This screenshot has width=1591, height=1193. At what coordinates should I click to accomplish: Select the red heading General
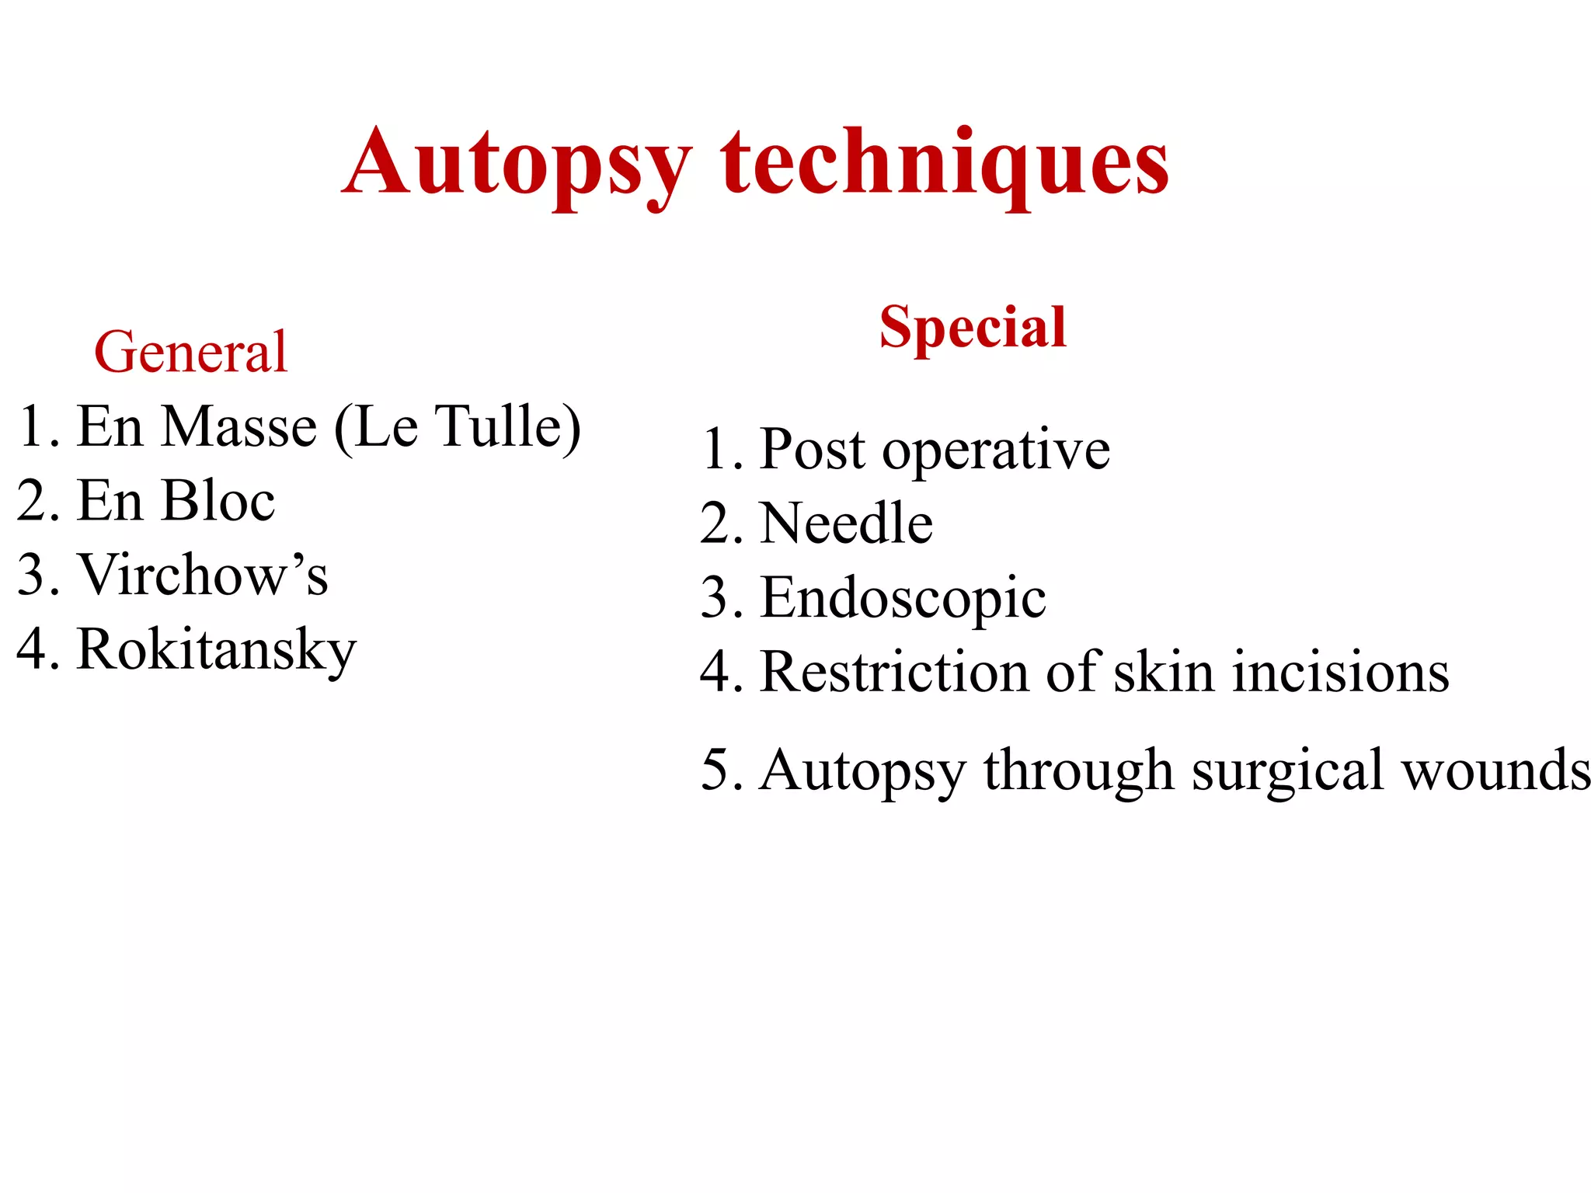click(191, 352)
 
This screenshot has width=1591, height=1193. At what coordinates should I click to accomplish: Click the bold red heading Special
click(973, 327)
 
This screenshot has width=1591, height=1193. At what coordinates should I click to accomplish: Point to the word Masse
click(241, 426)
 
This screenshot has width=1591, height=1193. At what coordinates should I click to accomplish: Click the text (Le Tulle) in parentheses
click(458, 426)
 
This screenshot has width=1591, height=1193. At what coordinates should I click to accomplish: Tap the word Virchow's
click(204, 575)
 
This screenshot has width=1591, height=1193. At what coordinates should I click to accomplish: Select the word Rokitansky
click(217, 649)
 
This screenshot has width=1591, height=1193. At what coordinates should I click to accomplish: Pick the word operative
click(996, 450)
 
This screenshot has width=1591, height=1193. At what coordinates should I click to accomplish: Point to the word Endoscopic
click(903, 599)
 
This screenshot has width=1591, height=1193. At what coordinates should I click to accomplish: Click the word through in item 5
click(1078, 771)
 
